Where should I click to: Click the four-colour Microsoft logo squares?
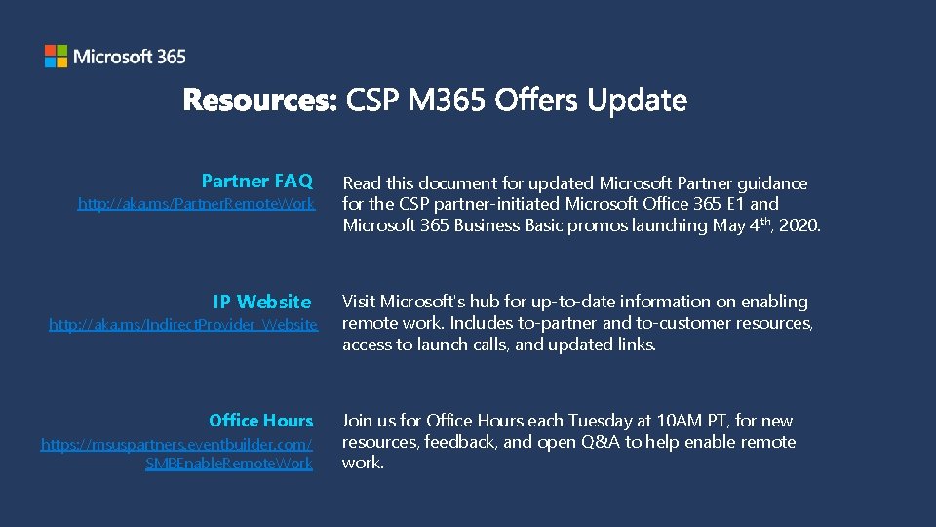click(56, 57)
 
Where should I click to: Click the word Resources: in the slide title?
click(259, 101)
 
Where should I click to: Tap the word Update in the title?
click(638, 101)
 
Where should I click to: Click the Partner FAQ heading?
click(256, 181)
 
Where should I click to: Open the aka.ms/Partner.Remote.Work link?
click(196, 204)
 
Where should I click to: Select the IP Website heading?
click(262, 302)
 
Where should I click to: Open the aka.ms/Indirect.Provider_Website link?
click(183, 324)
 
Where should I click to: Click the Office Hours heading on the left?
click(260, 421)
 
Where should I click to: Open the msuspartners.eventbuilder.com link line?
click(176, 444)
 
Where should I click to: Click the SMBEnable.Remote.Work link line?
click(229, 464)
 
